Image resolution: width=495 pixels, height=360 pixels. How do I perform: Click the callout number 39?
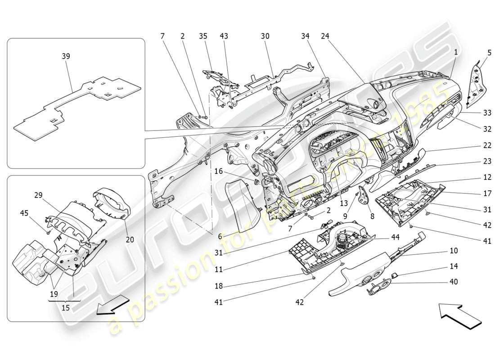[x=66, y=56]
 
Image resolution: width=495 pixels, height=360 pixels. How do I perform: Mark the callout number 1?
[x=455, y=52]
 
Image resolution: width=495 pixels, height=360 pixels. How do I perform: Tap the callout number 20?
[x=130, y=240]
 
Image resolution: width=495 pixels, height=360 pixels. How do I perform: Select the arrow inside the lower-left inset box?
[x=111, y=307]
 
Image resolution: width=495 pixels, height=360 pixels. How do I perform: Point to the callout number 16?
[x=218, y=171]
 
